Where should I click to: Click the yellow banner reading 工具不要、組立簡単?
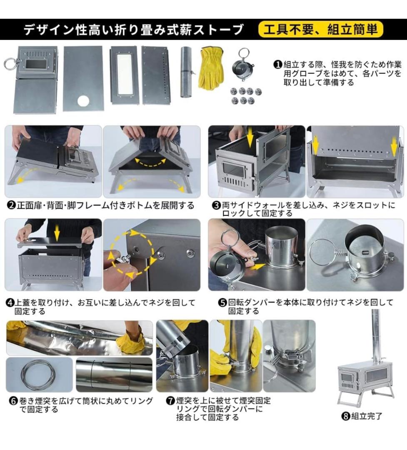pos(320,30)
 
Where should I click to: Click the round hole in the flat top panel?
pos(83,101)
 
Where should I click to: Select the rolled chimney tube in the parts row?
pos(186,72)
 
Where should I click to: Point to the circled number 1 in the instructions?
pos(278,65)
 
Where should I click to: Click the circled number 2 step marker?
pos(11,205)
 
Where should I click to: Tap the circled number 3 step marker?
pos(216,205)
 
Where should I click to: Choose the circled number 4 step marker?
pos(10,303)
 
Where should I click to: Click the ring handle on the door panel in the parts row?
pos(9,65)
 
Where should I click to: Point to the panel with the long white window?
pos(124,74)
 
